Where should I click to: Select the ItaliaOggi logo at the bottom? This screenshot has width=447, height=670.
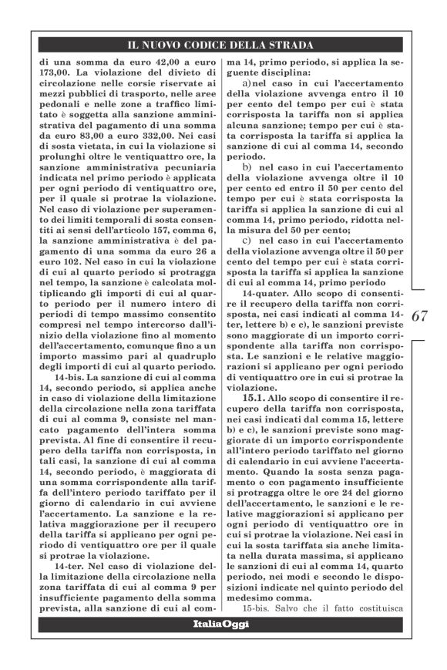220,623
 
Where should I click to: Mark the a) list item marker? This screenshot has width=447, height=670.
248,83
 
